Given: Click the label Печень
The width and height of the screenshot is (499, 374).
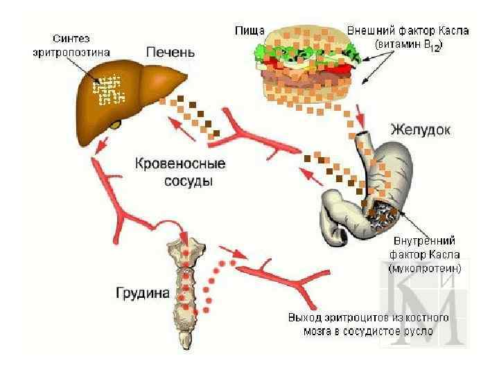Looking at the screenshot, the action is (170, 52).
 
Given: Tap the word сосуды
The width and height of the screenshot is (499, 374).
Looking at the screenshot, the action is (188, 181).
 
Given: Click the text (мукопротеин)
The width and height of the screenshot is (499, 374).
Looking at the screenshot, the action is (425, 267).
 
